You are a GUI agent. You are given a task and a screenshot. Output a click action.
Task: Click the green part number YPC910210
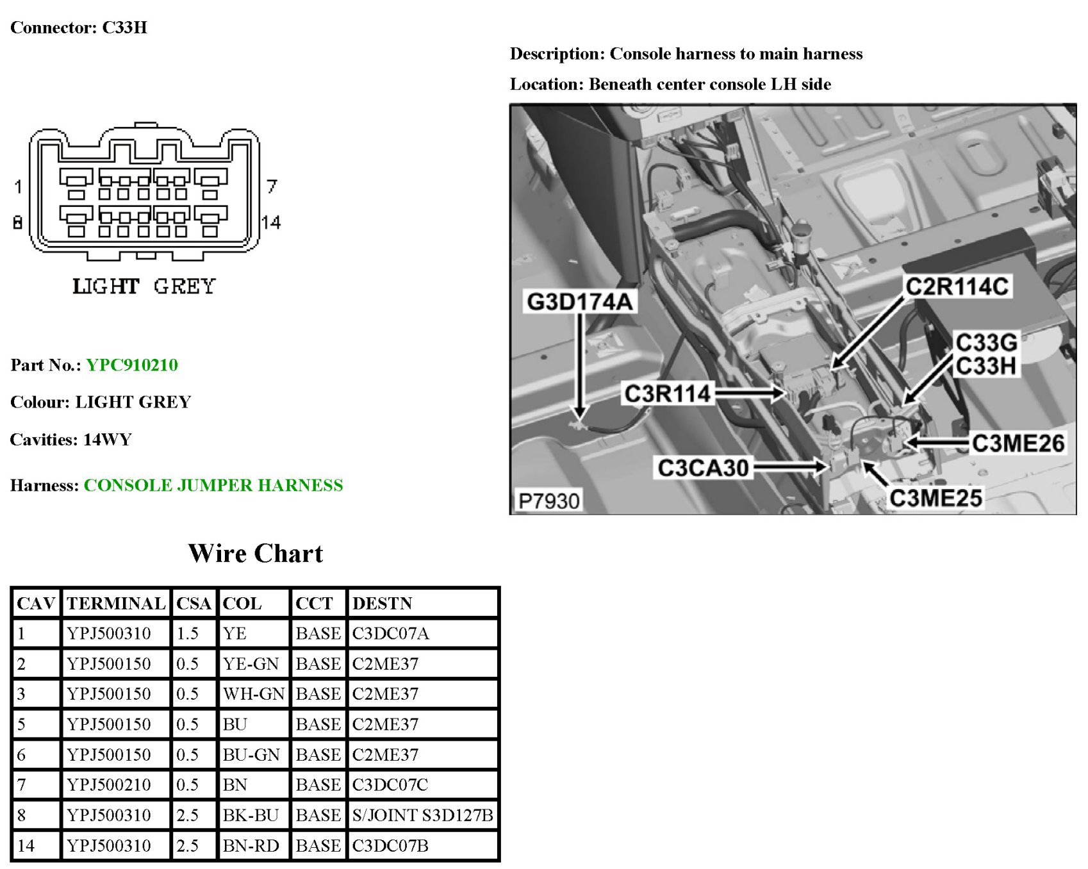coord(132,365)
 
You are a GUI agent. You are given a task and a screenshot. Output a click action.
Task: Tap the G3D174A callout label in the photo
coord(579,301)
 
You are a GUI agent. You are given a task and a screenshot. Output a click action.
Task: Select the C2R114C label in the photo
coord(957,286)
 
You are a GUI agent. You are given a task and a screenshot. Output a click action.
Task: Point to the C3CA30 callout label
coord(703,468)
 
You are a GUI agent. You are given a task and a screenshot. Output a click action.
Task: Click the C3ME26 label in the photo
coord(1018,443)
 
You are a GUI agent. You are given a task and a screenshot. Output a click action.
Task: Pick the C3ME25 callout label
coord(936,498)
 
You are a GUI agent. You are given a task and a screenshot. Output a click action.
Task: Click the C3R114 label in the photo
coord(667,393)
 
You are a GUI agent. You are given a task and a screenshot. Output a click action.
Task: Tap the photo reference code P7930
coord(548,501)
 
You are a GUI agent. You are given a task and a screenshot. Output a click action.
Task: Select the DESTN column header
coord(383,604)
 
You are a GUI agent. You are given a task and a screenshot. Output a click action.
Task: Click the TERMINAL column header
coord(116,604)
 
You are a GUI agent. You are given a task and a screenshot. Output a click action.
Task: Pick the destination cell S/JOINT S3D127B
coord(422,815)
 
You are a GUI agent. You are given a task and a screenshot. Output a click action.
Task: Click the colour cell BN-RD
coord(251,846)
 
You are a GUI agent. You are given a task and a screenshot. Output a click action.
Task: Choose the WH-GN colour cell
coord(253,694)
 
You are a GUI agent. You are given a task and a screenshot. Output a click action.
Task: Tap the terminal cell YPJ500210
coord(109,785)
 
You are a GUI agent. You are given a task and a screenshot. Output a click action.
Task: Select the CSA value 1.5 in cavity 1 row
coord(187,634)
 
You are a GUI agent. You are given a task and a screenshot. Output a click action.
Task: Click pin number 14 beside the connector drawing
coord(271,222)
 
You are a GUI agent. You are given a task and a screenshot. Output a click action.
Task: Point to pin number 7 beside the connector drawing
coord(272,186)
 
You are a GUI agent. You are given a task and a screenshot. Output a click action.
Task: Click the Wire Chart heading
coord(256,554)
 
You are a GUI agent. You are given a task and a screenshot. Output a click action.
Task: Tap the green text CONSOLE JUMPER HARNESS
coord(213,485)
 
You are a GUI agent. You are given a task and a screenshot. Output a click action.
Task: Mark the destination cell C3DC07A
coord(390,634)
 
